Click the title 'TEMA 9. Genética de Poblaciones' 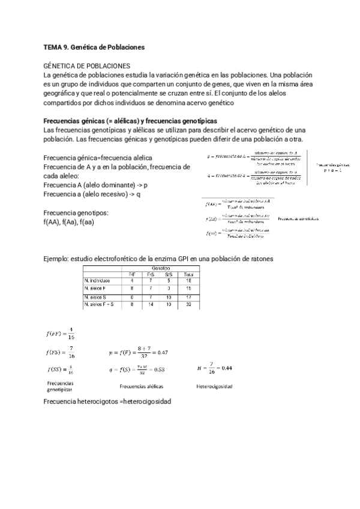point(94,46)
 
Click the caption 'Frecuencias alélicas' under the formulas point(142,387)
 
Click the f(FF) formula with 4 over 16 point(60,334)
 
